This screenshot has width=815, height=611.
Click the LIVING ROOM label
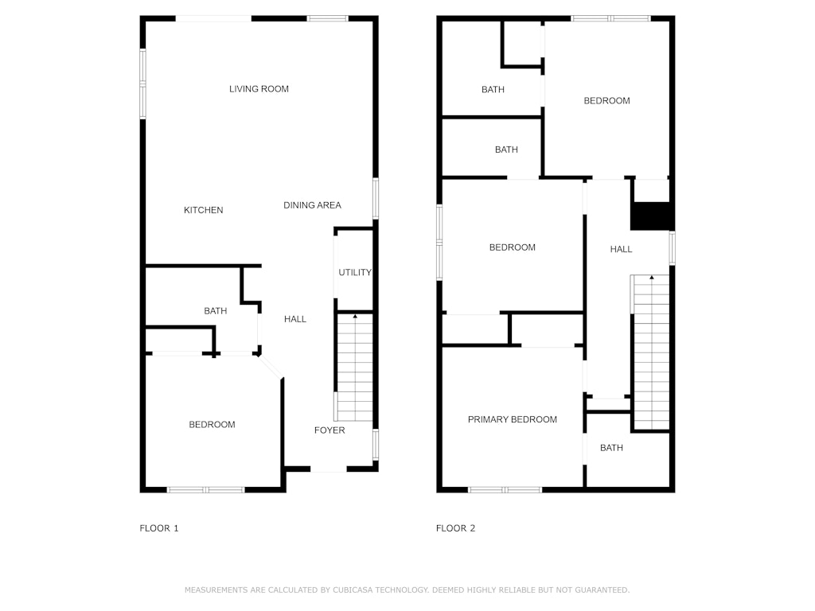pyautogui.click(x=259, y=89)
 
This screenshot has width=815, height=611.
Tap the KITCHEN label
pyautogui.click(x=203, y=210)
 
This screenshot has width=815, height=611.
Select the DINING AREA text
pyautogui.click(x=312, y=205)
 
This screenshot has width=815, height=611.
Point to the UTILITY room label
pyautogui.click(x=355, y=272)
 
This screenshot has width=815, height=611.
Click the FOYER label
pyautogui.click(x=330, y=430)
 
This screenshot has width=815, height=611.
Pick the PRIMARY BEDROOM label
pyautogui.click(x=512, y=419)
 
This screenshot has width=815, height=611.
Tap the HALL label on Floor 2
pyautogui.click(x=621, y=249)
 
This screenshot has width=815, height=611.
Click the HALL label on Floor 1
pyautogui.click(x=295, y=319)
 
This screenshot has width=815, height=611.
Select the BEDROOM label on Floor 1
pyautogui.click(x=212, y=425)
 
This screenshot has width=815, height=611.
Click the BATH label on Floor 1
pyautogui.click(x=215, y=311)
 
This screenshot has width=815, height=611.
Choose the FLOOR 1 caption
pyautogui.click(x=159, y=528)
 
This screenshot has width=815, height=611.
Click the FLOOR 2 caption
pyautogui.click(x=456, y=528)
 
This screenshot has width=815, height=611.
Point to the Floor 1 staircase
pyautogui.click(x=355, y=368)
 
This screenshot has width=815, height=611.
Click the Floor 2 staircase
pyautogui.click(x=651, y=352)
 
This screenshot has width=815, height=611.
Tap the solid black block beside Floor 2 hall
pyautogui.click(x=653, y=216)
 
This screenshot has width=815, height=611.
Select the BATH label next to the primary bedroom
pyautogui.click(x=611, y=448)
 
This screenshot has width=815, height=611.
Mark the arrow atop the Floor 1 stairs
pyautogui.click(x=355, y=317)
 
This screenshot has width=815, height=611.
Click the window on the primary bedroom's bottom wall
pyautogui.click(x=505, y=489)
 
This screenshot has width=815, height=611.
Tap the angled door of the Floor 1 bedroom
pyautogui.click(x=271, y=366)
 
